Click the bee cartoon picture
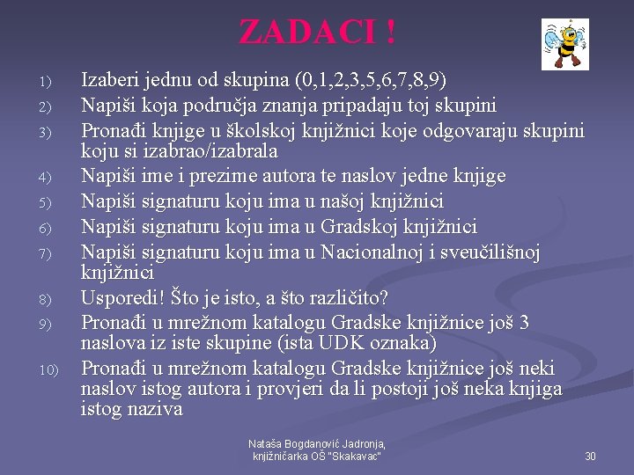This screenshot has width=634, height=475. [564, 44]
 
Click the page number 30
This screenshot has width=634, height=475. [590, 456]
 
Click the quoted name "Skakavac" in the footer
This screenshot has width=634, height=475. [352, 457]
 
